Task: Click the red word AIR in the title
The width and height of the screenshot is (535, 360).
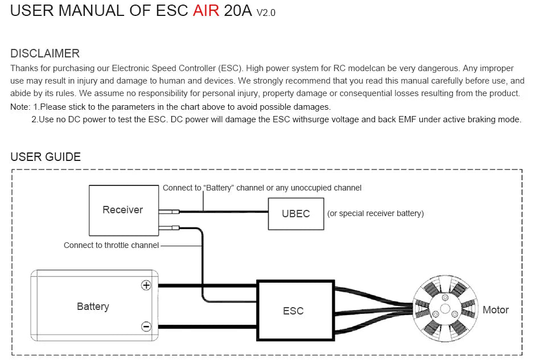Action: pyautogui.click(x=205, y=11)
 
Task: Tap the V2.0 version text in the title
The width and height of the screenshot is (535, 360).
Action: pyautogui.click(x=266, y=13)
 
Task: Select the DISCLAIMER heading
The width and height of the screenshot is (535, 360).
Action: pyautogui.click(x=45, y=53)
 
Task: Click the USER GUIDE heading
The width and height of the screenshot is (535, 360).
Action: pyautogui.click(x=46, y=157)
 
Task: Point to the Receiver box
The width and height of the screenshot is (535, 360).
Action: pyautogui.click(x=123, y=210)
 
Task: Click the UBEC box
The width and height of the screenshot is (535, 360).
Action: pyautogui.click(x=296, y=214)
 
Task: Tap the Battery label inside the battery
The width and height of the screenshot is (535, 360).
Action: pyautogui.click(x=93, y=307)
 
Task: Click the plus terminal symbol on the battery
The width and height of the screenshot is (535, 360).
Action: pyautogui.click(x=146, y=285)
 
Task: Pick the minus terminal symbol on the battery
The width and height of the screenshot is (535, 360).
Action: pyautogui.click(x=146, y=326)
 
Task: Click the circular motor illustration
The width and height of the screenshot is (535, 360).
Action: pyautogui.click(x=443, y=309)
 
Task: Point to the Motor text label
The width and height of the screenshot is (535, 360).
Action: pyautogui.click(x=495, y=310)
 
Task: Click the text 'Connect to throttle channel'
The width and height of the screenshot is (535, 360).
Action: pyautogui.click(x=111, y=245)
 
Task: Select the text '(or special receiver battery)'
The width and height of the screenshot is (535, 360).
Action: pyautogui.click(x=376, y=214)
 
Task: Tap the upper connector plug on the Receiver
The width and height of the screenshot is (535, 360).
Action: pyautogui.click(x=170, y=212)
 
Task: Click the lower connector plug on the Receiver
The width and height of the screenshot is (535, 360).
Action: pyautogui.click(x=170, y=229)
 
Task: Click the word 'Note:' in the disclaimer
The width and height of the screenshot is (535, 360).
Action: pyautogui.click(x=20, y=107)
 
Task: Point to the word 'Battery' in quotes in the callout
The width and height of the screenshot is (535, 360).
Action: pyautogui.click(x=219, y=188)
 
